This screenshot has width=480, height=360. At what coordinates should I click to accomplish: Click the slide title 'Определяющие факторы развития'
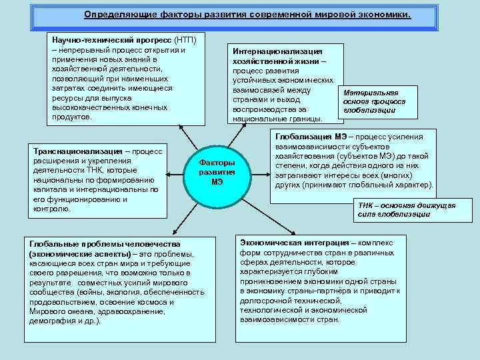coord(247,14)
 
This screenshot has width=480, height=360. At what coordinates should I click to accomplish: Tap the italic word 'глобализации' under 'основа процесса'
coord(370,110)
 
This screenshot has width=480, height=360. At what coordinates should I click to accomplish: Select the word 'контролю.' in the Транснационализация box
coord(51,209)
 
